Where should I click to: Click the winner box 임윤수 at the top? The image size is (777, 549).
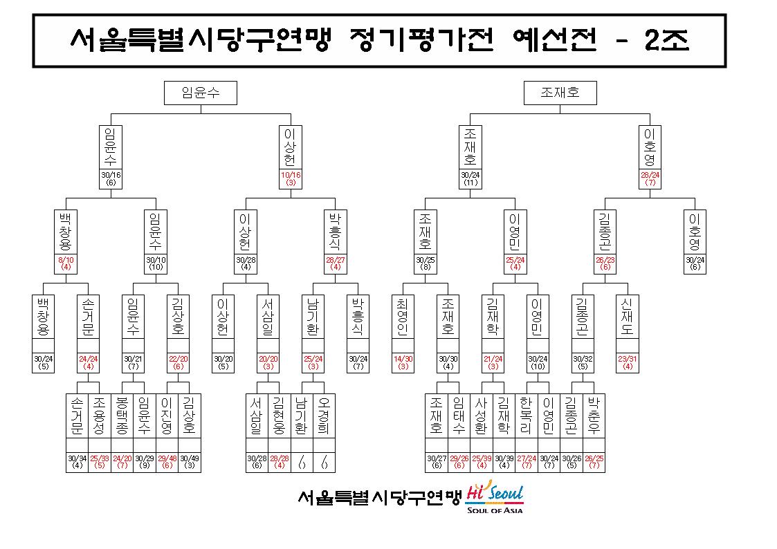click(201, 93)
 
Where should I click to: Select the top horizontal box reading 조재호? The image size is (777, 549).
click(560, 93)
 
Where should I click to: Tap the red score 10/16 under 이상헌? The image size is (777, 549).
click(291, 178)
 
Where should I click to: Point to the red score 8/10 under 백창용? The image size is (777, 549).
click(66, 263)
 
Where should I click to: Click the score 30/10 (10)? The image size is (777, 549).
click(156, 263)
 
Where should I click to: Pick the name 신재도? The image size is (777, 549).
click(627, 316)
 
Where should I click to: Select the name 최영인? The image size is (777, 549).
click(403, 316)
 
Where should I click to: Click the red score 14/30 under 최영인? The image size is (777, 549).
click(403, 362)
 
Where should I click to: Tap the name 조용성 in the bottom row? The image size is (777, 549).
click(99, 416)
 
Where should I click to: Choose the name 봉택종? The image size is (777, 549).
click(121, 416)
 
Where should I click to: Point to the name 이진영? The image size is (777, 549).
click(167, 416)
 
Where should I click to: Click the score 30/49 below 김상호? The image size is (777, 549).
click(190, 462)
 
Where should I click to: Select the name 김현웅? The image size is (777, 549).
click(279, 416)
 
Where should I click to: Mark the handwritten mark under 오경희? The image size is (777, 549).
click(324, 463)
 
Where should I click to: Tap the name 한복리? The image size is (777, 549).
click(526, 416)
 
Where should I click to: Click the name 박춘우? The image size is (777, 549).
click(594, 416)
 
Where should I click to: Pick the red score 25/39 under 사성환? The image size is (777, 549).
click(481, 462)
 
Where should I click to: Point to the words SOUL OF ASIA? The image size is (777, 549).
click(495, 510)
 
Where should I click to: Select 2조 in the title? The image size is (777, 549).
click(666, 40)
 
